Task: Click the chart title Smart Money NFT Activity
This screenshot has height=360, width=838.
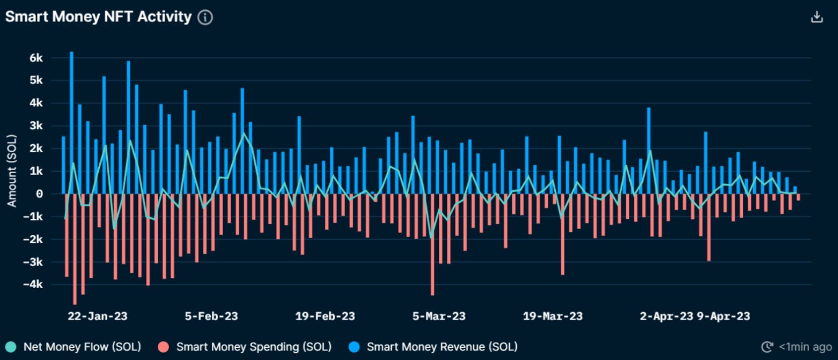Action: (x=98, y=17)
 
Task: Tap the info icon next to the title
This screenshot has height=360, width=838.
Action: (x=205, y=18)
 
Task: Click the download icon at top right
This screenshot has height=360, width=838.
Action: (x=817, y=17)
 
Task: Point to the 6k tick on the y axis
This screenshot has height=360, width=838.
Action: (x=43, y=58)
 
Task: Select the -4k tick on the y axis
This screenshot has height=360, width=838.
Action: (x=40, y=284)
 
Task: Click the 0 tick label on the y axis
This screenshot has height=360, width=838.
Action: (x=47, y=194)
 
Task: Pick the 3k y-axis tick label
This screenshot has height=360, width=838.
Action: (x=43, y=126)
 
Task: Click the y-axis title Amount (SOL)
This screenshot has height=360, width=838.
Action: (x=12, y=171)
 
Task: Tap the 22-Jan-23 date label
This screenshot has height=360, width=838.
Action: (x=98, y=316)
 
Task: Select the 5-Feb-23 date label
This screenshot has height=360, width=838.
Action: (x=211, y=316)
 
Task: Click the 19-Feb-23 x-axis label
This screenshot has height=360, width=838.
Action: (x=325, y=316)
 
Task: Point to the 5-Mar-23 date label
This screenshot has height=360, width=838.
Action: (x=439, y=316)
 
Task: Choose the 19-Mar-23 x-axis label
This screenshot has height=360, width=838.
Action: (x=553, y=316)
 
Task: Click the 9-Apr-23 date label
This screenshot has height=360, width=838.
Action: (x=723, y=316)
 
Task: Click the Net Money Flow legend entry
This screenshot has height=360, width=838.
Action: (x=74, y=347)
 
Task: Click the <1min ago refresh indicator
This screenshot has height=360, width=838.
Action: (x=797, y=347)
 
